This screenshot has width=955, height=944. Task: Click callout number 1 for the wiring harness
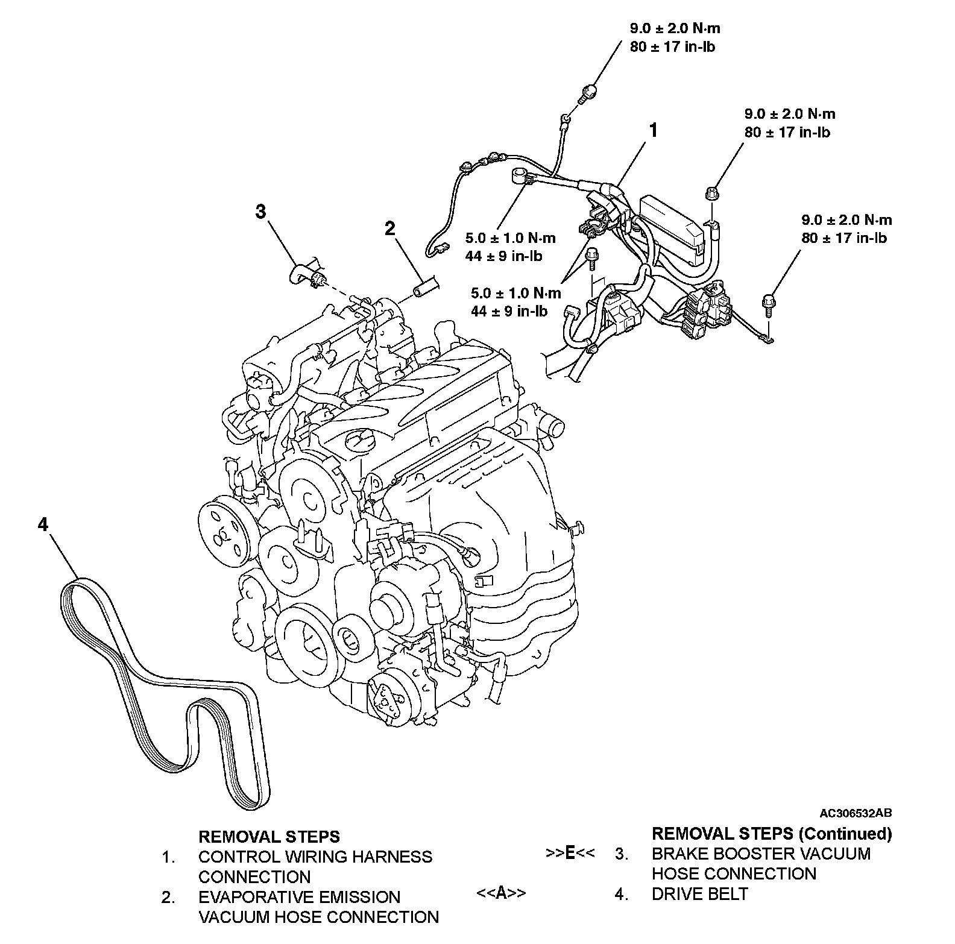(x=653, y=130)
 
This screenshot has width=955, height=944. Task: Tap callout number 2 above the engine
(x=390, y=228)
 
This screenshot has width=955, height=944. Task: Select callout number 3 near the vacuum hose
(x=260, y=212)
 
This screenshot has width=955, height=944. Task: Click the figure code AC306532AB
(x=855, y=813)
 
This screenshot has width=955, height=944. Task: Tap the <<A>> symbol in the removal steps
(x=501, y=893)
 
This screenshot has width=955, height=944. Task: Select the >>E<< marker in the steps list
(x=570, y=853)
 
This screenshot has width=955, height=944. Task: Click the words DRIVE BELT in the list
(x=699, y=893)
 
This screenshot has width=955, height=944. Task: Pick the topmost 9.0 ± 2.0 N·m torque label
(x=675, y=28)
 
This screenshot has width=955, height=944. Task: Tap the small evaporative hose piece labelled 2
(x=424, y=288)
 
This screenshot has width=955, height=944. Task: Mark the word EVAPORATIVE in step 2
(x=299, y=897)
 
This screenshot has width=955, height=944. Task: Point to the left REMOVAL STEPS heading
(x=269, y=837)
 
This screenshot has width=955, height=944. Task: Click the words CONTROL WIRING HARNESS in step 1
(x=315, y=857)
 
